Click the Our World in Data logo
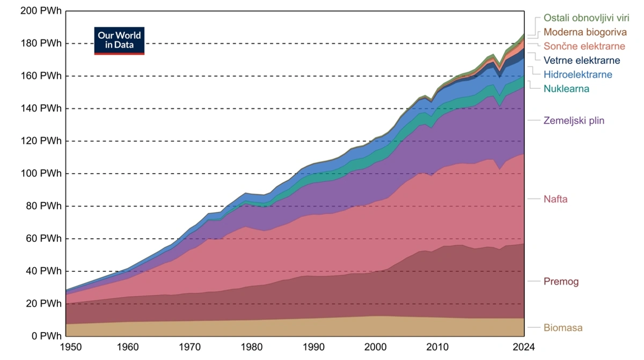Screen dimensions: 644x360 (119, 41)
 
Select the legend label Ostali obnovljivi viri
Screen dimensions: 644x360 (586, 18)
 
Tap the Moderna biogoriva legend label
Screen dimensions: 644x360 (585, 32)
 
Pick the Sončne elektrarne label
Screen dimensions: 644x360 (584, 46)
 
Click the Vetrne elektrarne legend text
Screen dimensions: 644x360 (582, 60)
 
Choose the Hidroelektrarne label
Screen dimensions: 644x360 (577, 75)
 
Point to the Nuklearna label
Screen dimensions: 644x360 (566, 89)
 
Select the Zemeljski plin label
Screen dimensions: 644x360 (574, 120)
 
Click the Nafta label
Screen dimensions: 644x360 (555, 199)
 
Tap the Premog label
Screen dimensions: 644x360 (561, 282)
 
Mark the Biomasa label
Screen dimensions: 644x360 (562, 327)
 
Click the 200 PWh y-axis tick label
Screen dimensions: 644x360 (41, 11)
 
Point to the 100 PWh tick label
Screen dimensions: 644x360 (41, 173)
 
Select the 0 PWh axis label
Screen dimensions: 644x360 (46, 336)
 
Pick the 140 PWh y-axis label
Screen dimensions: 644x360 (41, 108)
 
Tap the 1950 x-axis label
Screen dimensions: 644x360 (71, 347)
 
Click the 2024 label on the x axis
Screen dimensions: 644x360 (524, 347)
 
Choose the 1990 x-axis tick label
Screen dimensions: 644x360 (313, 347)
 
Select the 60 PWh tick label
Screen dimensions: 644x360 (43, 238)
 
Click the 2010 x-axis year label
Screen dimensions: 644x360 (437, 347)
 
